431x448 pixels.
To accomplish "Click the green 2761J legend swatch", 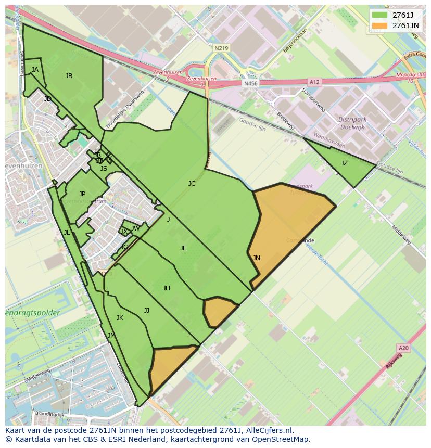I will click(380, 15).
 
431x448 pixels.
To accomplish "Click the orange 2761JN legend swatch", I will click(380, 25).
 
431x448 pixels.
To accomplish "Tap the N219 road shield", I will click(221, 48).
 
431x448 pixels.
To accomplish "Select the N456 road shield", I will click(250, 83).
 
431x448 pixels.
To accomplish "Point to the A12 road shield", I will click(314, 82).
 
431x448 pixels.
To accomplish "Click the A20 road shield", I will click(403, 348).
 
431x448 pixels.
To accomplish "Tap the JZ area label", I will click(344, 163).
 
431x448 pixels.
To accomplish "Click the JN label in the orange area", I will click(256, 258).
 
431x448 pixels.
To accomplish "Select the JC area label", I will click(192, 183).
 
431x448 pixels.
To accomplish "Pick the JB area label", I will click(69, 76).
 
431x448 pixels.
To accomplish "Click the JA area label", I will click(35, 69).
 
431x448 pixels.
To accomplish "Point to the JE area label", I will click(183, 248).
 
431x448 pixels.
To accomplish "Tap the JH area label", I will click(166, 288).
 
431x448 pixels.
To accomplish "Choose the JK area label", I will click(120, 318).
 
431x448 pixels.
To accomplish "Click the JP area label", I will click(82, 194).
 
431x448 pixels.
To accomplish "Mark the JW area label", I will click(135, 228).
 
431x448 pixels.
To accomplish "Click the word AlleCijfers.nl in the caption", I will click(269, 430).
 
